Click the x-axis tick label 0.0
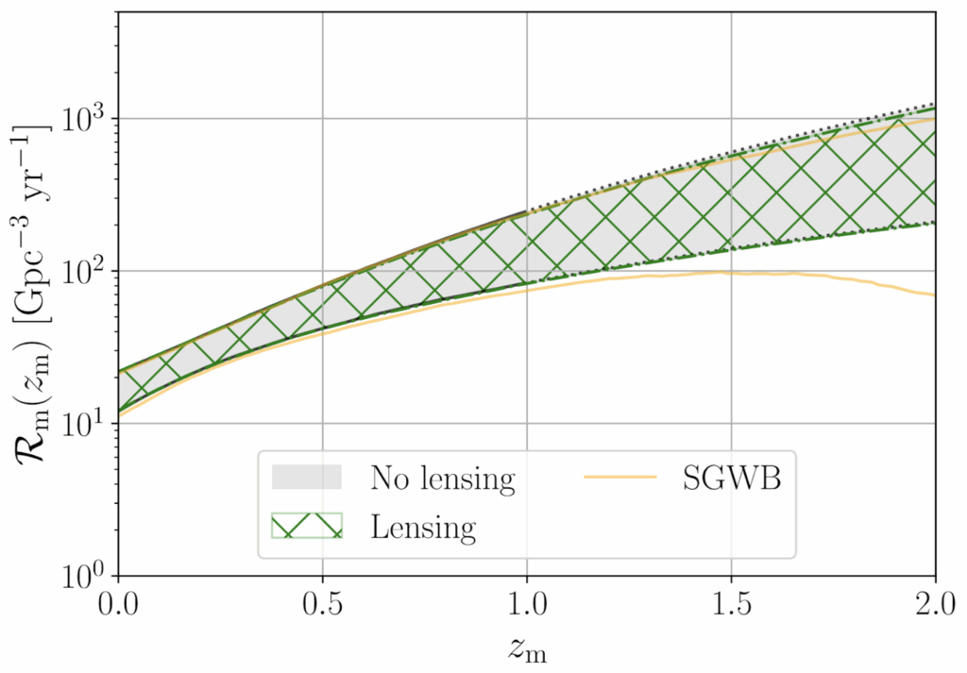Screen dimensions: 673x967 click(x=118, y=601)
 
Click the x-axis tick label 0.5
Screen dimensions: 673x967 click(x=323, y=601)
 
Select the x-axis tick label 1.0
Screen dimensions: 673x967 click(x=527, y=601)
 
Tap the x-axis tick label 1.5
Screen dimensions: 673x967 click(x=732, y=601)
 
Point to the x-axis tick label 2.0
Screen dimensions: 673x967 click(x=935, y=601)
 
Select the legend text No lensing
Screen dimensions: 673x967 click(x=442, y=479)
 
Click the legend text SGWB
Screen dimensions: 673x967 click(x=735, y=479)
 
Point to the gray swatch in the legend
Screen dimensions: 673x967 click(x=307, y=478)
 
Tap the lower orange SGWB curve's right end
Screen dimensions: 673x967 click(x=934, y=295)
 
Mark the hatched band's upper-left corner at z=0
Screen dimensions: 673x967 click(x=119, y=370)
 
